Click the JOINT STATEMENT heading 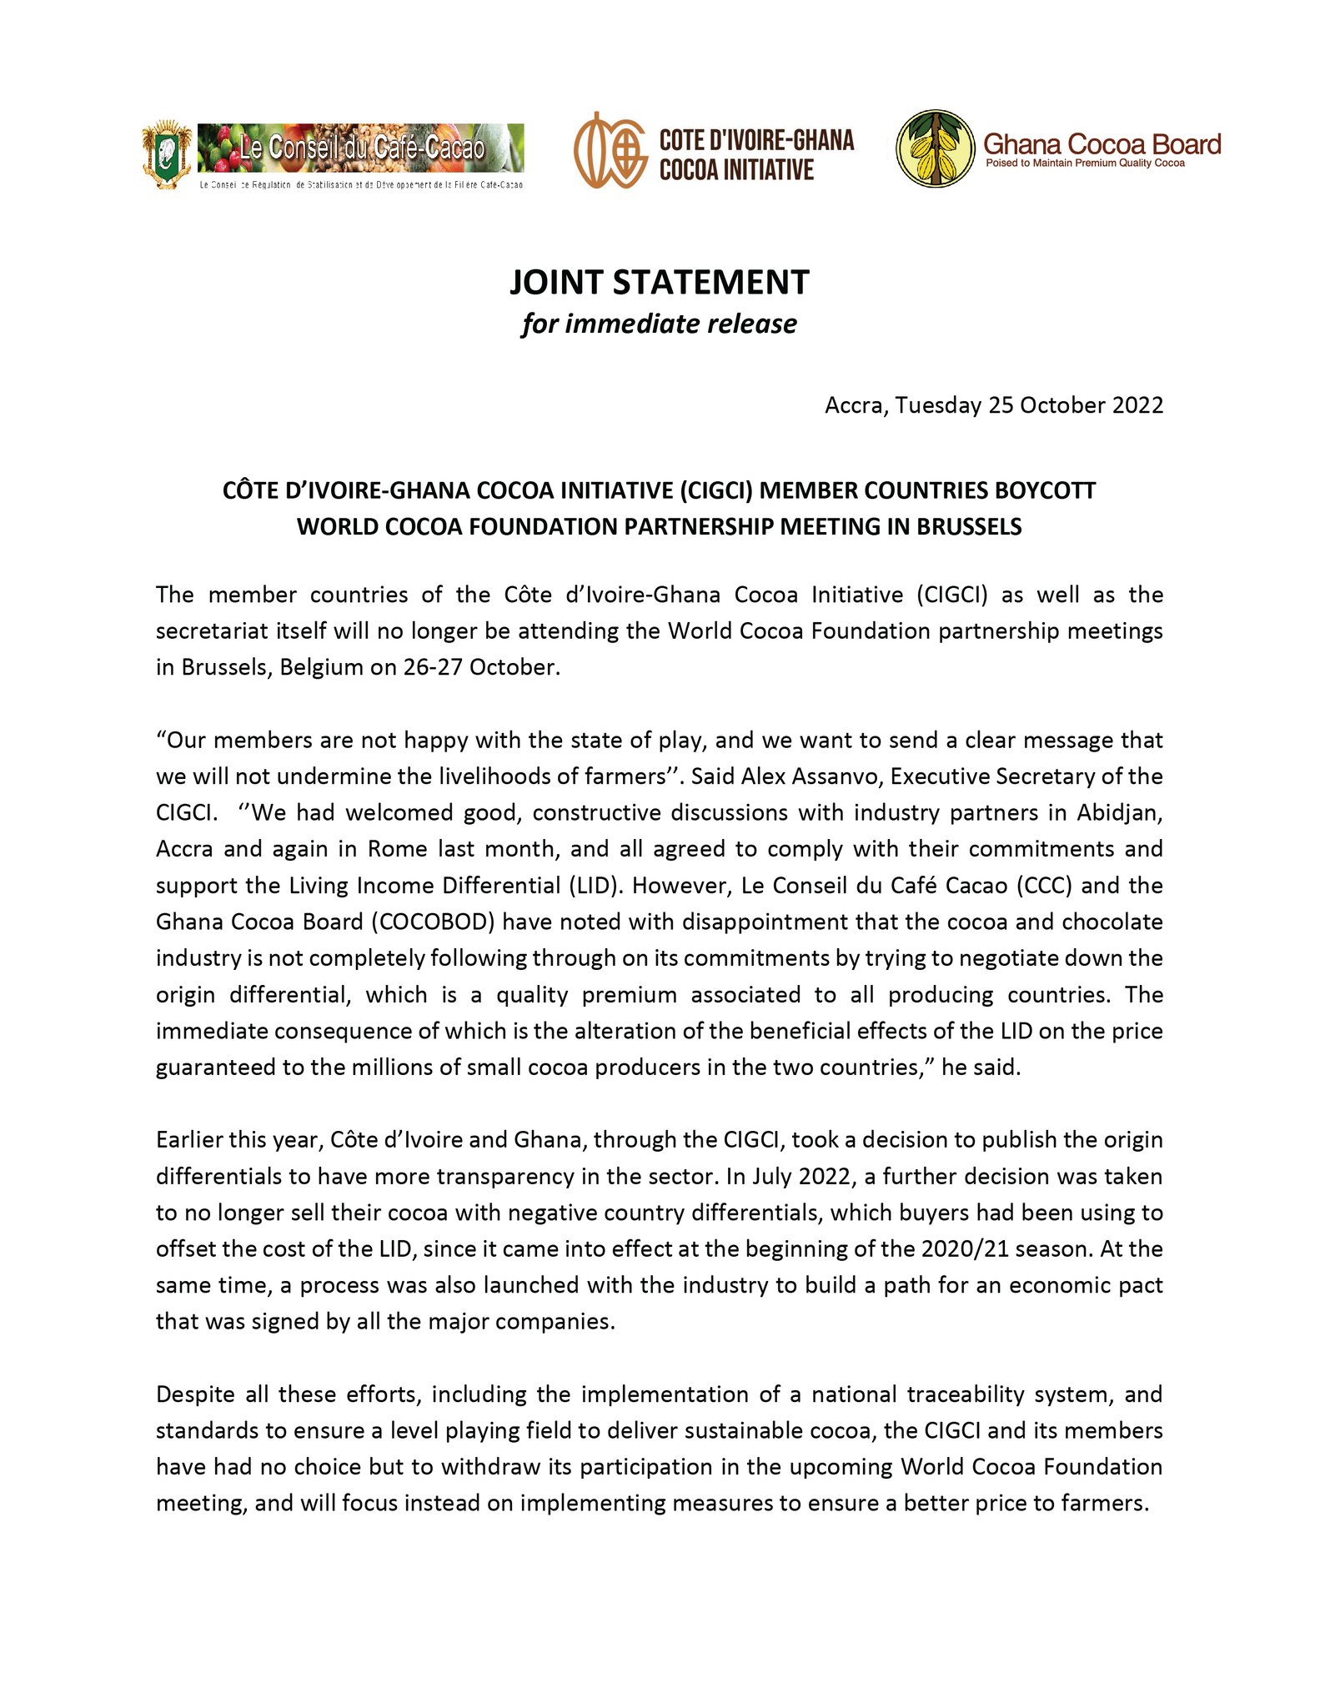pyautogui.click(x=659, y=282)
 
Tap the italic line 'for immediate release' pyautogui.click(x=659, y=324)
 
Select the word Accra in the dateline pyautogui.click(x=856, y=405)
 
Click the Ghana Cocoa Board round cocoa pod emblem pyautogui.click(x=936, y=148)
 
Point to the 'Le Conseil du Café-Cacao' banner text pyautogui.click(x=362, y=148)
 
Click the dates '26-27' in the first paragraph pyautogui.click(x=434, y=667)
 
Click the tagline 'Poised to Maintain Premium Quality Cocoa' pyautogui.click(x=1085, y=163)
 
